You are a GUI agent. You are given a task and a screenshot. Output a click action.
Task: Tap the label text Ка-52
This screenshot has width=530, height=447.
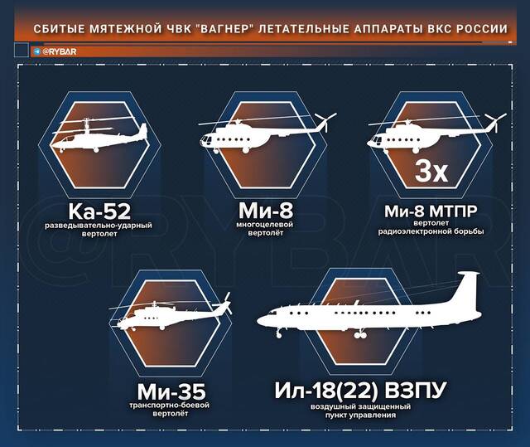(99, 211)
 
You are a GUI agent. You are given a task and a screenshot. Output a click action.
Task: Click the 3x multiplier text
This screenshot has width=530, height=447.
(431, 171)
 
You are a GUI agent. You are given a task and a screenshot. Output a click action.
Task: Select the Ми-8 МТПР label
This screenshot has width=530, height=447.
(431, 211)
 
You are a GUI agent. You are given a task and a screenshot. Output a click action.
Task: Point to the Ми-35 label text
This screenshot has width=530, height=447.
(171, 391)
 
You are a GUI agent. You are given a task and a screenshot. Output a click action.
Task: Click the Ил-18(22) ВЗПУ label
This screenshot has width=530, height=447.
(360, 390)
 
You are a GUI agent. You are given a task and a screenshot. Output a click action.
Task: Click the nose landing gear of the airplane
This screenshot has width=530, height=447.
(279, 333)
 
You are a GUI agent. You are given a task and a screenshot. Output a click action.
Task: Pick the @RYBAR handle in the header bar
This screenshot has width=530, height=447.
(60, 51)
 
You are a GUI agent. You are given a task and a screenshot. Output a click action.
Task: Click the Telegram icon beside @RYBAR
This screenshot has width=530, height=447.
(37, 51)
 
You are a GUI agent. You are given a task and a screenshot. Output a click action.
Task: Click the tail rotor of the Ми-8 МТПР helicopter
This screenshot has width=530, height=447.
(495, 121)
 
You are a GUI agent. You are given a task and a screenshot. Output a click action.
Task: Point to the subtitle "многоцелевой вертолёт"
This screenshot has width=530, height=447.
(265, 229)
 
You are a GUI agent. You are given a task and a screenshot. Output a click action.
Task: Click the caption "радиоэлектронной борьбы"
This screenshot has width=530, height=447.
(431, 231)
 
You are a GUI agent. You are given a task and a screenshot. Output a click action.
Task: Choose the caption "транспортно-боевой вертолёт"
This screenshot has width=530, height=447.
(170, 410)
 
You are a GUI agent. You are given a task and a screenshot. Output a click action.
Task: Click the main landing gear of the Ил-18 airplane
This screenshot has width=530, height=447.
(360, 333)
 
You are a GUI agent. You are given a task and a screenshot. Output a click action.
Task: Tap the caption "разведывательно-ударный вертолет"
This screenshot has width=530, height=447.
(99, 230)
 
